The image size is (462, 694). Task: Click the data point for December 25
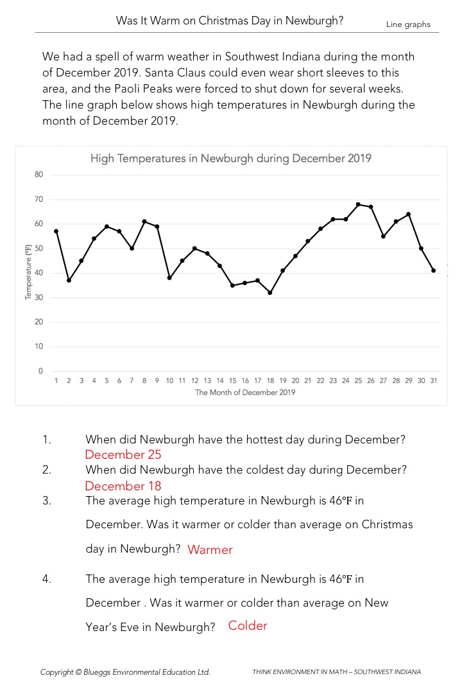(x=358, y=204)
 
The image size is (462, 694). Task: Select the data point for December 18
(x=269, y=292)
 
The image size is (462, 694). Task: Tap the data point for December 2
(x=69, y=280)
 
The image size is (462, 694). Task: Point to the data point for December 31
(x=434, y=271)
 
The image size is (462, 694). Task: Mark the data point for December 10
(x=169, y=278)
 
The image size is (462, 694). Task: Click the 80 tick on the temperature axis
(x=38, y=175)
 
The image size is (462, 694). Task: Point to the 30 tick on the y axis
(x=38, y=298)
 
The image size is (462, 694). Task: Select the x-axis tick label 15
(x=232, y=381)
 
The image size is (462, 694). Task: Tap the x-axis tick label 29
(x=408, y=381)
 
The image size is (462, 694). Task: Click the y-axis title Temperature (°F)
(x=28, y=273)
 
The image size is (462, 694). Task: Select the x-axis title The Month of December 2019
(x=245, y=393)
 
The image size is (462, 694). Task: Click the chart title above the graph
(x=231, y=158)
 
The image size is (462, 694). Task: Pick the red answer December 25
(x=123, y=455)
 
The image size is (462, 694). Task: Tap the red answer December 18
(x=123, y=486)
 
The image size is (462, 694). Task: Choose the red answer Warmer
(x=210, y=550)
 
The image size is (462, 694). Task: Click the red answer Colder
(x=248, y=626)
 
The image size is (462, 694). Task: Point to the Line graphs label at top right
(x=408, y=24)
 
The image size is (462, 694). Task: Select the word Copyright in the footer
(x=56, y=672)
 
